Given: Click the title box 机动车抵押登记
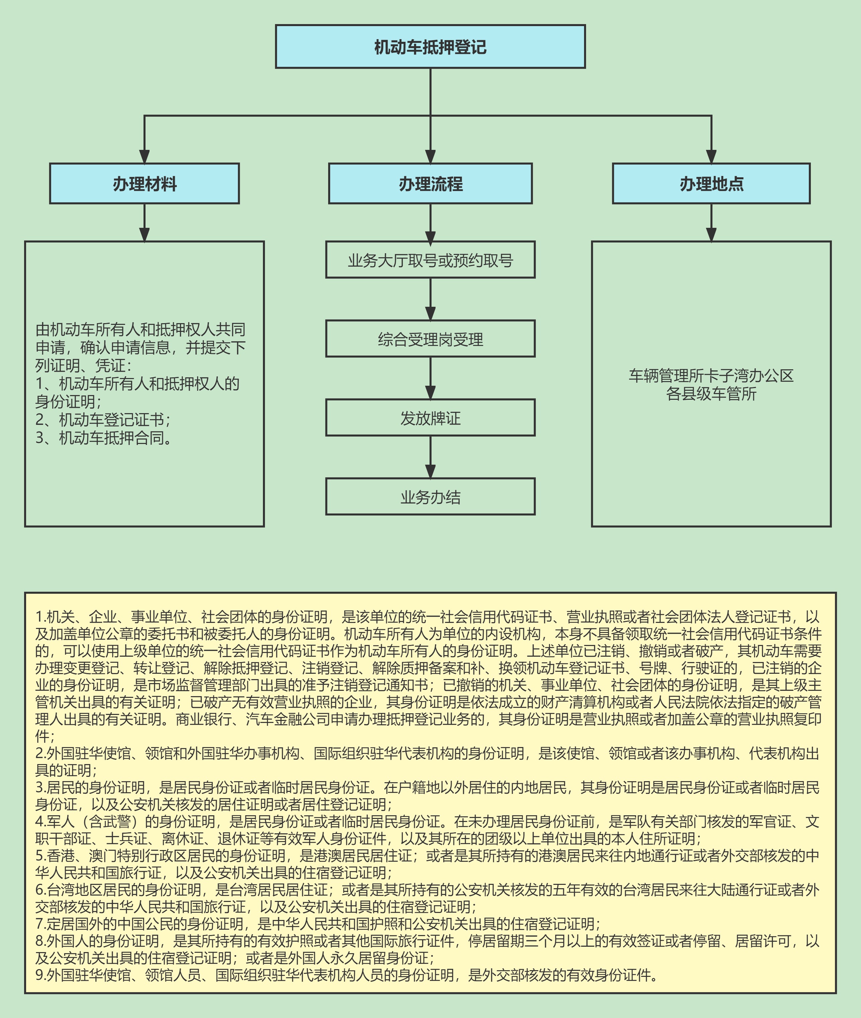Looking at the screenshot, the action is (x=430, y=47).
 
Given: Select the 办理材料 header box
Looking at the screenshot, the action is (x=145, y=183).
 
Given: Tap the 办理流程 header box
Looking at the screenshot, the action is (x=430, y=183).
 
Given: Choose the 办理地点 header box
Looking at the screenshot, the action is (x=711, y=183).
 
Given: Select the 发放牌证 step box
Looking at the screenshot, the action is (x=430, y=418).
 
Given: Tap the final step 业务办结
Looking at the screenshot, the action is (x=430, y=497).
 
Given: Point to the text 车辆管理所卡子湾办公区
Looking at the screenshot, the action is (x=711, y=375).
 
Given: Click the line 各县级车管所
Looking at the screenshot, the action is (x=711, y=393).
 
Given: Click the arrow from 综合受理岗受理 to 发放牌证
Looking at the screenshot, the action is (x=430, y=378).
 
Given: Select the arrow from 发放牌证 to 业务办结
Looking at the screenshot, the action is (x=430, y=457).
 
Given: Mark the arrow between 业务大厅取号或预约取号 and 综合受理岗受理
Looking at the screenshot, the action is (x=430, y=299).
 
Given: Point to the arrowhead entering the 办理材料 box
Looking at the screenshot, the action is (x=145, y=156).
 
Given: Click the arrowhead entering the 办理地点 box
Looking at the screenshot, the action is (x=711, y=156).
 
